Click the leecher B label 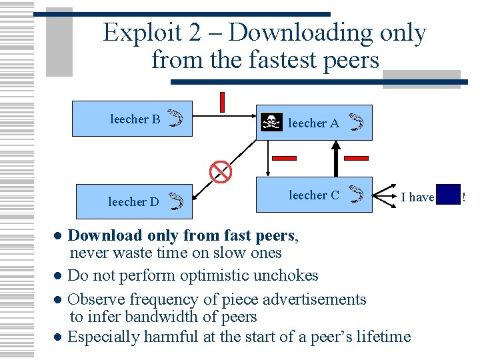coord(135,119)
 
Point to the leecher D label coord(133,201)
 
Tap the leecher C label coord(313,195)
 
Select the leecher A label coord(313,123)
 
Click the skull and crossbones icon coord(271,122)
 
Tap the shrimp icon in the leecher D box coord(175,201)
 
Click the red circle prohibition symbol coord(221,171)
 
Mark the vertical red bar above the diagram coord(222,101)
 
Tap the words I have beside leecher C coord(417,197)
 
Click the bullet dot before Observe coord(59,300)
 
